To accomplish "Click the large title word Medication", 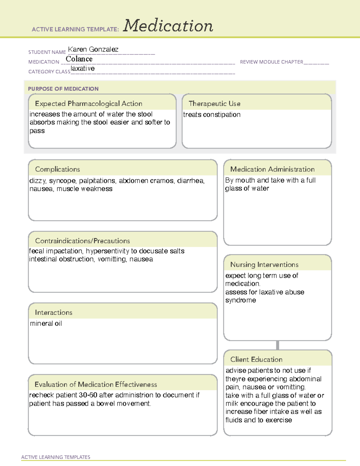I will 168,26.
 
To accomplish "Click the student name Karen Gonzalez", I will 93,49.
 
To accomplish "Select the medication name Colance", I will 79,59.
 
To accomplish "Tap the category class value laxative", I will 82,68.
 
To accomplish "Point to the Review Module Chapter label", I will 271,62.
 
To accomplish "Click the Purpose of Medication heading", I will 63,89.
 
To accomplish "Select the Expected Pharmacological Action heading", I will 88,104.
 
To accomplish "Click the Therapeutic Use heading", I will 214,104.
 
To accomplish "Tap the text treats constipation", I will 211,115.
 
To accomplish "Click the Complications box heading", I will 57,169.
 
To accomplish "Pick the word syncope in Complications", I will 62,181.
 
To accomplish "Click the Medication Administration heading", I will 272,169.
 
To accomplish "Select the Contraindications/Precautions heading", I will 82,241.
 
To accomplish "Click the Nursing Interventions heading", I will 264,264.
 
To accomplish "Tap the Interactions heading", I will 53,312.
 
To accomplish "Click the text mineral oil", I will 46,323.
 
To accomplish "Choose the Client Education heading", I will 256,359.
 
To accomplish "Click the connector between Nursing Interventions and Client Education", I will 277,345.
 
